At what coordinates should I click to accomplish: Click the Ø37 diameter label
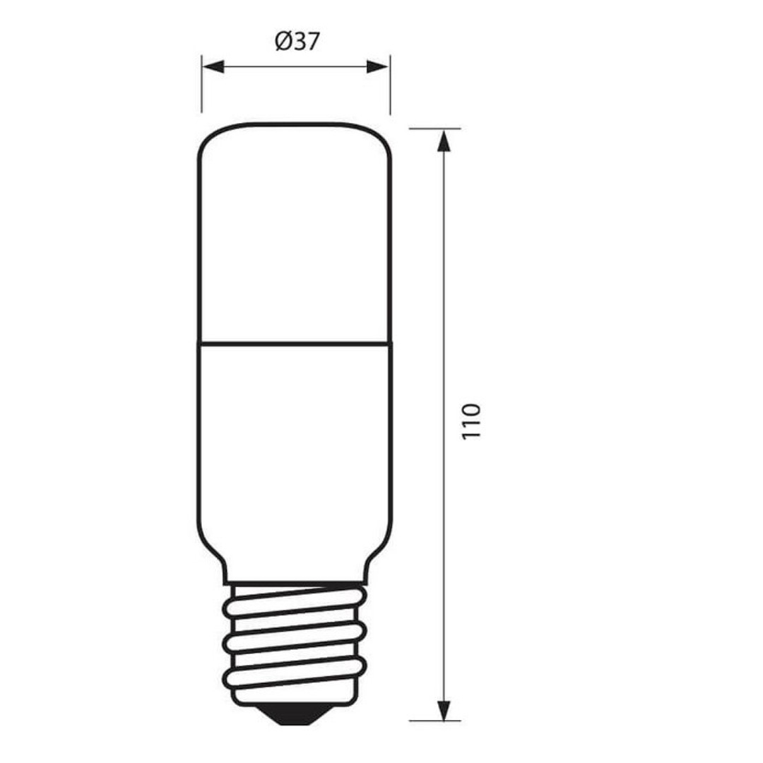click(x=297, y=42)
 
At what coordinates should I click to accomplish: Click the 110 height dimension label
click(x=471, y=421)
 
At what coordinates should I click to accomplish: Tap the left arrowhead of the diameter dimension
click(x=213, y=66)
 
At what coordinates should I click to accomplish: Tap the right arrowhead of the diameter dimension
click(x=377, y=66)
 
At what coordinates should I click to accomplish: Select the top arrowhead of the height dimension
click(x=443, y=141)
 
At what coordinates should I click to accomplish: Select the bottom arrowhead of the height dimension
click(x=443, y=709)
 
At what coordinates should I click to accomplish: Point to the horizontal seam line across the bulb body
click(x=295, y=344)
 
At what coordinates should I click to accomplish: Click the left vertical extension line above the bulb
click(x=201, y=83)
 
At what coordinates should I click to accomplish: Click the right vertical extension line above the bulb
click(x=390, y=85)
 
